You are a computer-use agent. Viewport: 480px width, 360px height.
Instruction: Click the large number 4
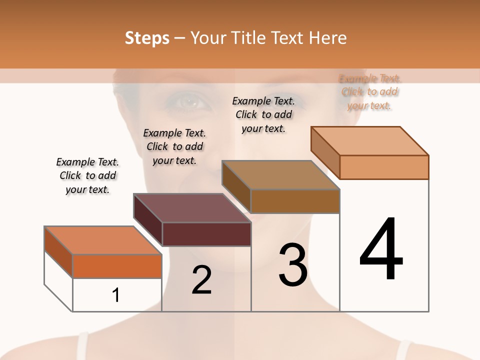coord(381,250)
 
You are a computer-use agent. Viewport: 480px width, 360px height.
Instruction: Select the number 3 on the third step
coord(293,265)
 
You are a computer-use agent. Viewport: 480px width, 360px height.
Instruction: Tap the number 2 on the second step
coord(201,280)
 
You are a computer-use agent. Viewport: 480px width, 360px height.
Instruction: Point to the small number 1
coord(116,295)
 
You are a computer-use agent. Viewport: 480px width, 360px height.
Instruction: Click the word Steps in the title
coord(147,38)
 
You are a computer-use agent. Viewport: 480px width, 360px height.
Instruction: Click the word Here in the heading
coord(328,38)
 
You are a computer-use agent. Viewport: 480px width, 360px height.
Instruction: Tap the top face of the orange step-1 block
coord(103,240)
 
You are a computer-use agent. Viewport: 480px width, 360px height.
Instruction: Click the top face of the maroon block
coord(192,208)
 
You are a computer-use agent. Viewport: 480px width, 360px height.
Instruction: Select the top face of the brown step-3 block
coord(281,175)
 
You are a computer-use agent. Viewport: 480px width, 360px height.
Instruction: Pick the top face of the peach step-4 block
coord(370,141)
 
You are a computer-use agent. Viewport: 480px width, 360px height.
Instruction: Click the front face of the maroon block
coord(206,234)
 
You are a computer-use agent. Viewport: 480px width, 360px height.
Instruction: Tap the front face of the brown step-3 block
coord(295,201)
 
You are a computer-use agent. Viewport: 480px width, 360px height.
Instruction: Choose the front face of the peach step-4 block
coord(384,167)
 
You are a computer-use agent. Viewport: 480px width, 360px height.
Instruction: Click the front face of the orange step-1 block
coord(117,266)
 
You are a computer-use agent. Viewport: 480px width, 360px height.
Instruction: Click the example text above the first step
coord(87,175)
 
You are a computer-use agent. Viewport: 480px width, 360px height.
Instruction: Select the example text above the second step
coord(174,146)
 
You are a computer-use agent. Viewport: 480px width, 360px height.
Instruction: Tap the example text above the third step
coord(263,114)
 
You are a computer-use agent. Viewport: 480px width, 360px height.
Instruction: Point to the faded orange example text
coord(369,92)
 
